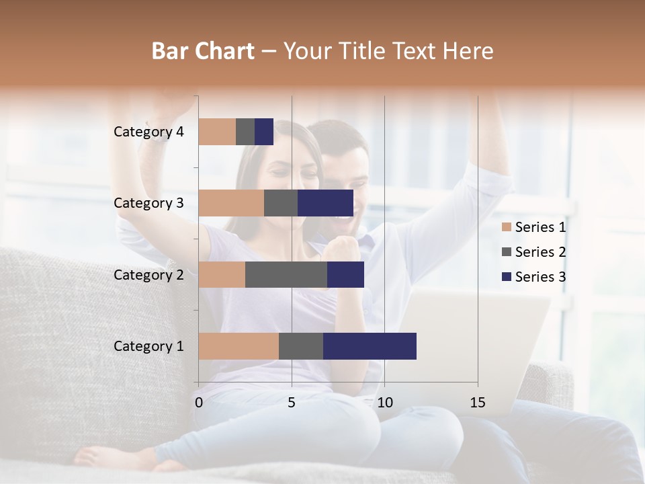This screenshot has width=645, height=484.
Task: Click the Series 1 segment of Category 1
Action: pos(239,346)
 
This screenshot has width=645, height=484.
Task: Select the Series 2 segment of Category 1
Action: pos(301,346)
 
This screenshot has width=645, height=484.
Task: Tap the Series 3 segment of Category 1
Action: pos(370,346)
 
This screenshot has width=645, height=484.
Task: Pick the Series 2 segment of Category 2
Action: pos(286,274)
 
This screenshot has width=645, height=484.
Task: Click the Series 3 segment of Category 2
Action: pos(345,274)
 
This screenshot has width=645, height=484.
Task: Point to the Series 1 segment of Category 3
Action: pos(231,203)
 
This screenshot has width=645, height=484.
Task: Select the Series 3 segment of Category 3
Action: pos(325,203)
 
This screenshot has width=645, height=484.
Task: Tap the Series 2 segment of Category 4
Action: pos(245,132)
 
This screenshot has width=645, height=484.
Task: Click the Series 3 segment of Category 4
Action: pos(264,132)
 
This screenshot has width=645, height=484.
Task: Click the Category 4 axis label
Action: pos(148,132)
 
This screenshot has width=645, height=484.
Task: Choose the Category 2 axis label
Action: pos(148,274)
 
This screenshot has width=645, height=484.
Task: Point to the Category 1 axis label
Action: pos(148,346)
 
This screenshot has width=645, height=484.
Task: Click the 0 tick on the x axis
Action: pos(199,403)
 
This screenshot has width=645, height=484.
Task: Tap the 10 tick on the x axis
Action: pos(384,403)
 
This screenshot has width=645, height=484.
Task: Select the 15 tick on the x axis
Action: pos(478,403)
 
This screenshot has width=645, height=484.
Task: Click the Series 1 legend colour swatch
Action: pos(506,227)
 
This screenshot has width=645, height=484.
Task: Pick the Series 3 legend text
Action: pos(540,277)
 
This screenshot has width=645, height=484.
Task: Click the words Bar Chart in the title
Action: pos(203,50)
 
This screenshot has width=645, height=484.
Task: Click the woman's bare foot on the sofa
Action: pos(107,457)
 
